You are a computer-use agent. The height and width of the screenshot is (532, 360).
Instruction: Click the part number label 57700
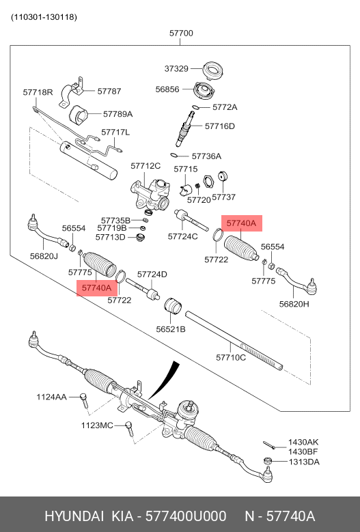coord(181,33)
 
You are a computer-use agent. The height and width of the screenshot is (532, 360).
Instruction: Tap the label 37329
coord(176,68)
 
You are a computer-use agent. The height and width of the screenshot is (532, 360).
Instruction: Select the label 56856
coord(167,89)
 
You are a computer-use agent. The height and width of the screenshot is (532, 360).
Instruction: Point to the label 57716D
coord(219,126)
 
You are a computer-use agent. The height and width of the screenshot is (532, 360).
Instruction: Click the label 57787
coord(109,92)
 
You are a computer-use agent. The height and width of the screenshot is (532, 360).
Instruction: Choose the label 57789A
coord(117,114)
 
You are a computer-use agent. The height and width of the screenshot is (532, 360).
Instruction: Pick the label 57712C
coord(146,166)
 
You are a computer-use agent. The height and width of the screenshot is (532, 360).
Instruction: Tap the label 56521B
coord(171,329)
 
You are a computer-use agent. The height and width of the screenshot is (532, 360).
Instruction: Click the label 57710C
coord(231,357)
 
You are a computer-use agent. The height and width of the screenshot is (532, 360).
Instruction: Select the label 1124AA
coord(51,397)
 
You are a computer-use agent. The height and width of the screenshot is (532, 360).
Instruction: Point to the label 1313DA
coord(304,462)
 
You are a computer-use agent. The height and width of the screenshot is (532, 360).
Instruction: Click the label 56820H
coord(294,304)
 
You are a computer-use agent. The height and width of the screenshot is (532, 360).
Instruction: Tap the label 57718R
coord(38,92)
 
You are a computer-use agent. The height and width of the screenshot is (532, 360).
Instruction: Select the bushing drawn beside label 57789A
coord(79,115)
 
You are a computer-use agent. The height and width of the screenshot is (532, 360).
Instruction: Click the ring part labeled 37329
coord(213,70)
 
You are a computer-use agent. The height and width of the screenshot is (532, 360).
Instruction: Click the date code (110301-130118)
coord(44,17)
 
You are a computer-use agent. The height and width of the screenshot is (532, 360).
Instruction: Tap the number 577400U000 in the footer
coord(186,516)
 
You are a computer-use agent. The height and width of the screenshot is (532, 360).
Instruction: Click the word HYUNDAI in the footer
coord(74,516)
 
